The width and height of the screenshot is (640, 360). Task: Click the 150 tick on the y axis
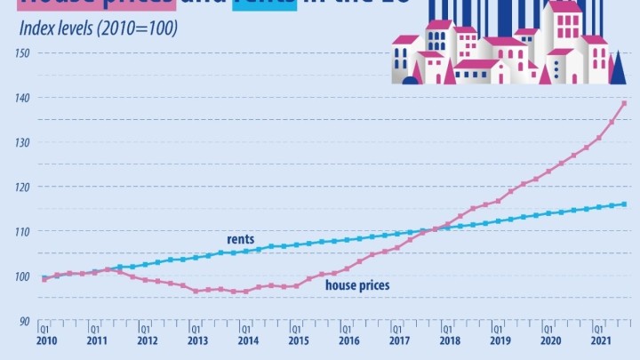click(22, 52)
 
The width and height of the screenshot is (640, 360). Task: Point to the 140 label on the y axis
click(22, 98)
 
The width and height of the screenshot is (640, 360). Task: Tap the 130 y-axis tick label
click(22, 142)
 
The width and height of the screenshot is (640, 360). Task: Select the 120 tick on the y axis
click(22, 187)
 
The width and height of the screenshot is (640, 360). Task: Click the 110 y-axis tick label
click(22, 231)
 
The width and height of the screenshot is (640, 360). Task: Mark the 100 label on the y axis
click(22, 276)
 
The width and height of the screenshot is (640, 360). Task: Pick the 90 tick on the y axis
click(25, 321)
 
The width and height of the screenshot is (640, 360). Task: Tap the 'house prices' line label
click(358, 285)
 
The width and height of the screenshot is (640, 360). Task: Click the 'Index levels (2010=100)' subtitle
click(98, 28)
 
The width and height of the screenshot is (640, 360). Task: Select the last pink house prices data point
click(624, 103)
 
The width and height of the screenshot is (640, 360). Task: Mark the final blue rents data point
click(624, 204)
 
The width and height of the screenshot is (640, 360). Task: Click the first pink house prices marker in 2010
click(45, 279)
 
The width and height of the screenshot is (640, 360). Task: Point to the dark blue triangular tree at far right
click(620, 68)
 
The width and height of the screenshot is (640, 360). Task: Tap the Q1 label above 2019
click(498, 328)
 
